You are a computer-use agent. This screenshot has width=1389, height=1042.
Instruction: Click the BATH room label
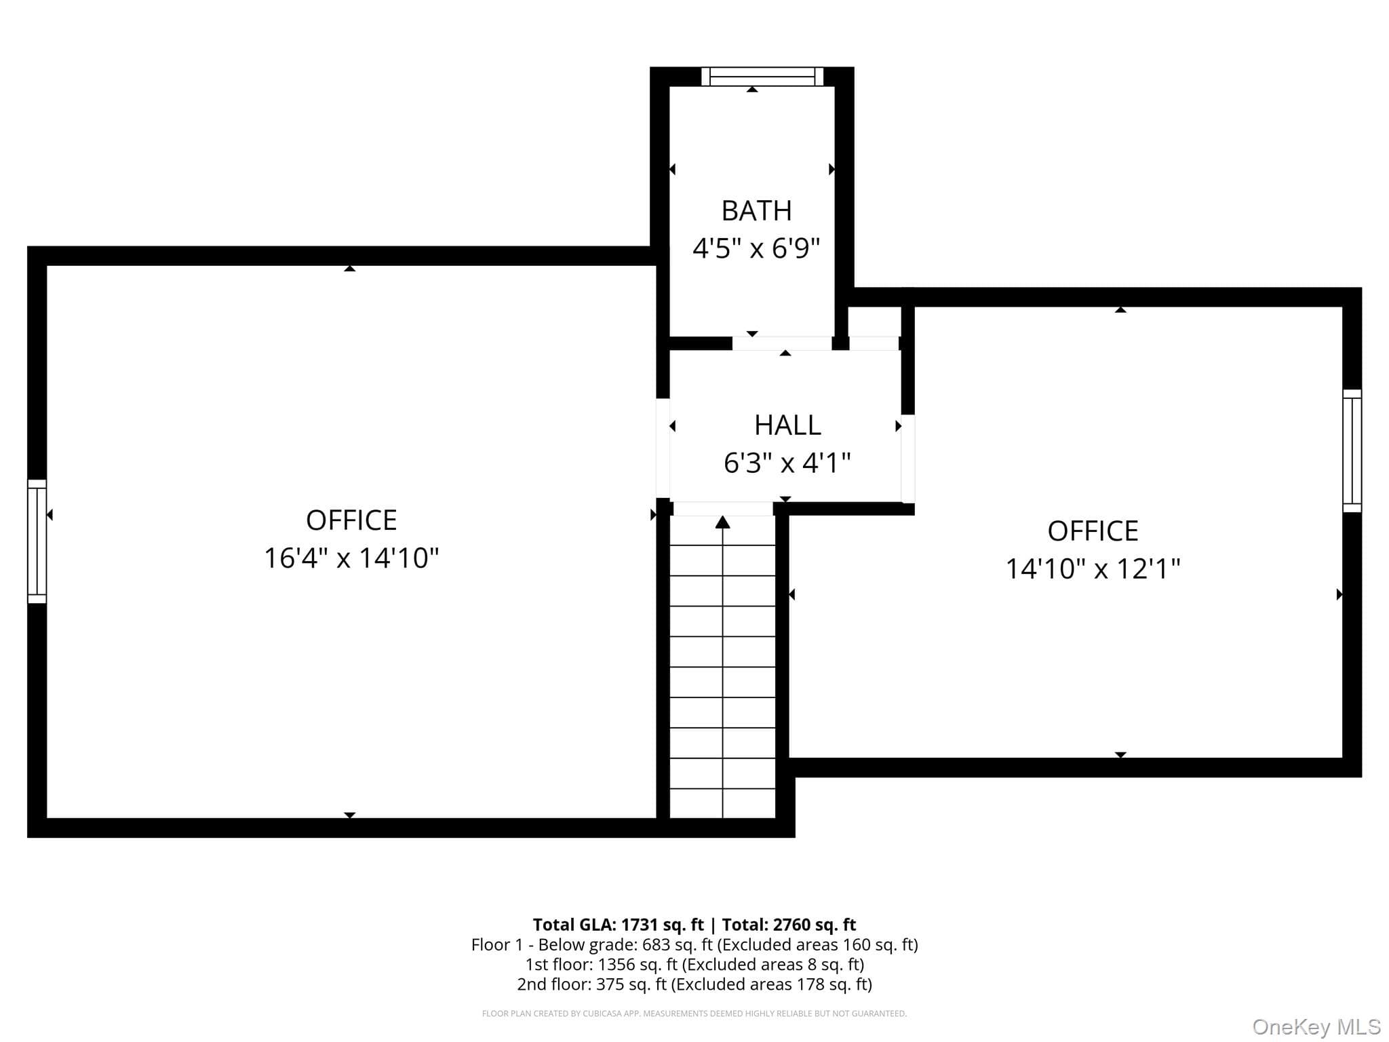click(756, 211)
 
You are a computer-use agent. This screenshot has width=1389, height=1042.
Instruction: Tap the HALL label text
click(787, 425)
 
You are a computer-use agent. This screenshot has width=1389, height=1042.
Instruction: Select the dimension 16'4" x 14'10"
click(351, 558)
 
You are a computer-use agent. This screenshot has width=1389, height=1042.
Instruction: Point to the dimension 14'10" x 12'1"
click(1093, 568)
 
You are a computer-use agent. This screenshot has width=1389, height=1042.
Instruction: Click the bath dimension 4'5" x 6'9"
click(756, 248)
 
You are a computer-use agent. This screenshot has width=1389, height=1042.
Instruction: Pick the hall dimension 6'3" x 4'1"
click(787, 463)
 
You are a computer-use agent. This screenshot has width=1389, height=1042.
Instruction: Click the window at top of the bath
click(762, 76)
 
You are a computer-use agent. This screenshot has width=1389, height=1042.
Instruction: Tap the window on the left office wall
click(37, 541)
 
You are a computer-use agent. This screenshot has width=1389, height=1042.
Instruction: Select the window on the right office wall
click(1352, 450)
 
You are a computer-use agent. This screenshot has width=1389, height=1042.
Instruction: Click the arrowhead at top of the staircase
click(723, 522)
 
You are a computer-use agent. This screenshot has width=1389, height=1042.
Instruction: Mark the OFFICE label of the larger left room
click(351, 520)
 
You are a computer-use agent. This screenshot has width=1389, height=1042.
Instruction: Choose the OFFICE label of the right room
click(1093, 530)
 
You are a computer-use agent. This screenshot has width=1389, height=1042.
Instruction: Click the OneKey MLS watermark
click(1316, 1026)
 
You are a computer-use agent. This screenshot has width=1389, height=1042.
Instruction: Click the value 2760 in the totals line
click(789, 925)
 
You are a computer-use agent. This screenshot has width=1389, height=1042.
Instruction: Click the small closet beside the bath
click(875, 322)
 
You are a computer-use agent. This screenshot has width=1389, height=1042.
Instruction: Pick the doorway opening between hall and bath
click(782, 343)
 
